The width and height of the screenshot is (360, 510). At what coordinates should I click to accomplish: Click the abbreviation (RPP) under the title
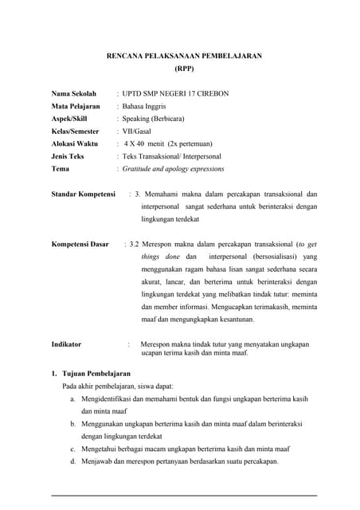(185, 69)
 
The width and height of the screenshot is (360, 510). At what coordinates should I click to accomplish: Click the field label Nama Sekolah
(73, 93)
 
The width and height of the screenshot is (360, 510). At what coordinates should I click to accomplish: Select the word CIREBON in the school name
(210, 93)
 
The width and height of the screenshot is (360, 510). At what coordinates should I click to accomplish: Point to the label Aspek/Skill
(69, 119)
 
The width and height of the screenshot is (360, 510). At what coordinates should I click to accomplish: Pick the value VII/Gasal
(139, 131)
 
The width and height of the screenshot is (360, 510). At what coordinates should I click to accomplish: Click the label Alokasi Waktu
(75, 143)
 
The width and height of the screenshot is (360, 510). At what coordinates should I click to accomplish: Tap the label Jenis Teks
(68, 156)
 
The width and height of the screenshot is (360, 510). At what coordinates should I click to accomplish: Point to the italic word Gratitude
(139, 169)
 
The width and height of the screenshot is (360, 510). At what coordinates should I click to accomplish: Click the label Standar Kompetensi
(84, 194)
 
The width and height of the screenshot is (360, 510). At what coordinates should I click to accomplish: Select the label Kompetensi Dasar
(80, 244)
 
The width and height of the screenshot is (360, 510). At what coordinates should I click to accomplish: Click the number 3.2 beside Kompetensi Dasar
(135, 244)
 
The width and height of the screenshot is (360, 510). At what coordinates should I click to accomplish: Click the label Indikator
(66, 344)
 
